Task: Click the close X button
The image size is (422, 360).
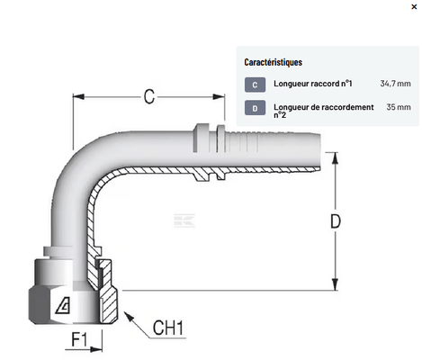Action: pyautogui.click(x=414, y=6)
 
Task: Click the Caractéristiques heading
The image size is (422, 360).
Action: pyautogui.click(x=273, y=62)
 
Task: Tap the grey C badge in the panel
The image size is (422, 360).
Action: pyautogui.click(x=255, y=85)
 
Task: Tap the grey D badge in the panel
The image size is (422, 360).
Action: pyautogui.click(x=255, y=108)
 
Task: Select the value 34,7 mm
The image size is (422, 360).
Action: pyautogui.click(x=395, y=84)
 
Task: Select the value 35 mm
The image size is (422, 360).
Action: pyautogui.click(x=399, y=107)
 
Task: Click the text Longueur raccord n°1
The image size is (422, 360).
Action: pyautogui.click(x=312, y=84)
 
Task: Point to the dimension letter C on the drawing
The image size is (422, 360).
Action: pyautogui.click(x=149, y=96)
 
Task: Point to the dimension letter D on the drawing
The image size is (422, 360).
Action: pyautogui.click(x=336, y=221)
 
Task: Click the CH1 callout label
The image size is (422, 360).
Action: pyautogui.click(x=168, y=328)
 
